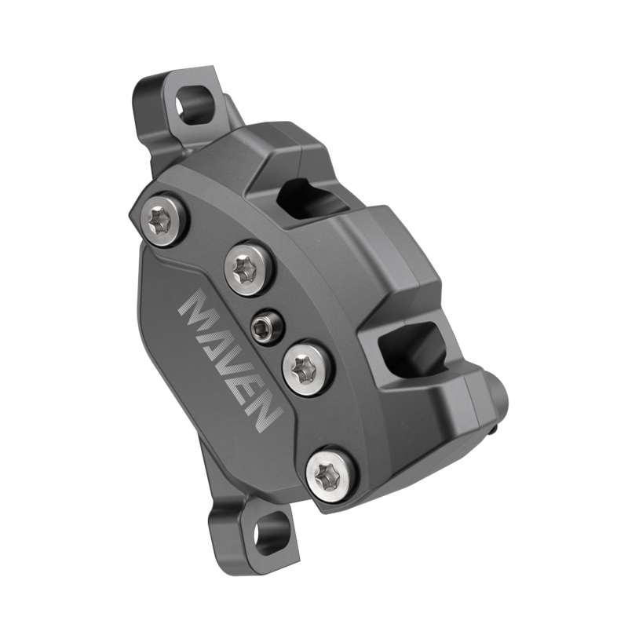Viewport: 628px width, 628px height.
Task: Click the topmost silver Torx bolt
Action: [x=162, y=221]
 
